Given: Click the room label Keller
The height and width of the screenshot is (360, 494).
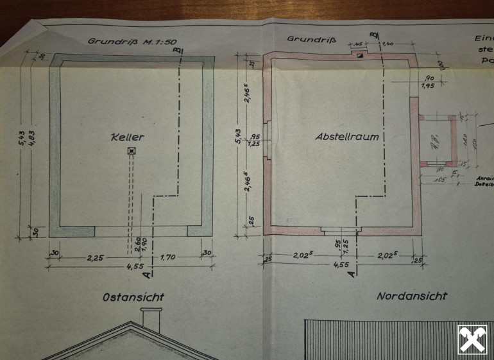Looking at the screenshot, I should [127, 137].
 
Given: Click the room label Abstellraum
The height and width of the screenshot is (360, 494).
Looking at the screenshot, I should [346, 137].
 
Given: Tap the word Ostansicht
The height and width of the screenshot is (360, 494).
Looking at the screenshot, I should [133, 297].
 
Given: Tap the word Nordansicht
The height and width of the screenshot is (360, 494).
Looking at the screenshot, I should [412, 296].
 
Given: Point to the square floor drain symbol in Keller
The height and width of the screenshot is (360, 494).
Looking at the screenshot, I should [132, 151].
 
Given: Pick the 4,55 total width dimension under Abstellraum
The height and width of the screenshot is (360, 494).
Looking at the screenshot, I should [341, 264].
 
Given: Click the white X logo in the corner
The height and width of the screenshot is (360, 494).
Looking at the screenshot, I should [472, 339].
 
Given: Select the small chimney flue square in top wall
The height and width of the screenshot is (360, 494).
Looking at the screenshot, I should [361, 55].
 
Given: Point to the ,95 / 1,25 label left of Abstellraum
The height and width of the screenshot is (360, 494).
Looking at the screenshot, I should [254, 141].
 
